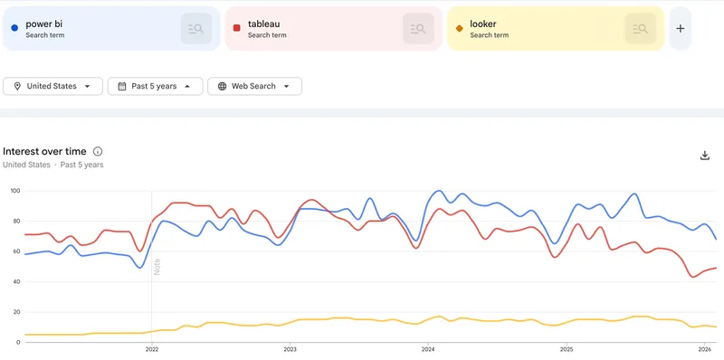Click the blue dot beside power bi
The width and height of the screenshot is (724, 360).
point(14,28)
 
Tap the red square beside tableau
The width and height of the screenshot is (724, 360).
point(236,28)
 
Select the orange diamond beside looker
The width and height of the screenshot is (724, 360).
point(459,28)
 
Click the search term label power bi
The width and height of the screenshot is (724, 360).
point(44,24)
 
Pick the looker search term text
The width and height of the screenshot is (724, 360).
point(483,24)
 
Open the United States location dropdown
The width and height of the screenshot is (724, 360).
point(52,86)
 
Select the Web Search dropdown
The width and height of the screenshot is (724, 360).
point(254,86)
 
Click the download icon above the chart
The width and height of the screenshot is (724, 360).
point(705,155)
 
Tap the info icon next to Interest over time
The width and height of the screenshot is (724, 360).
point(98,152)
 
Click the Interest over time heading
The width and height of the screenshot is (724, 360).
point(45,152)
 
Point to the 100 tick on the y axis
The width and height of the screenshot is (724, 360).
point(14,191)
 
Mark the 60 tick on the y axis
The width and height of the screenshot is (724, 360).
point(14,251)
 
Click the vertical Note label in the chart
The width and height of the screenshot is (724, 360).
point(157,267)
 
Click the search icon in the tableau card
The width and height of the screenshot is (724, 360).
point(418,29)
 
